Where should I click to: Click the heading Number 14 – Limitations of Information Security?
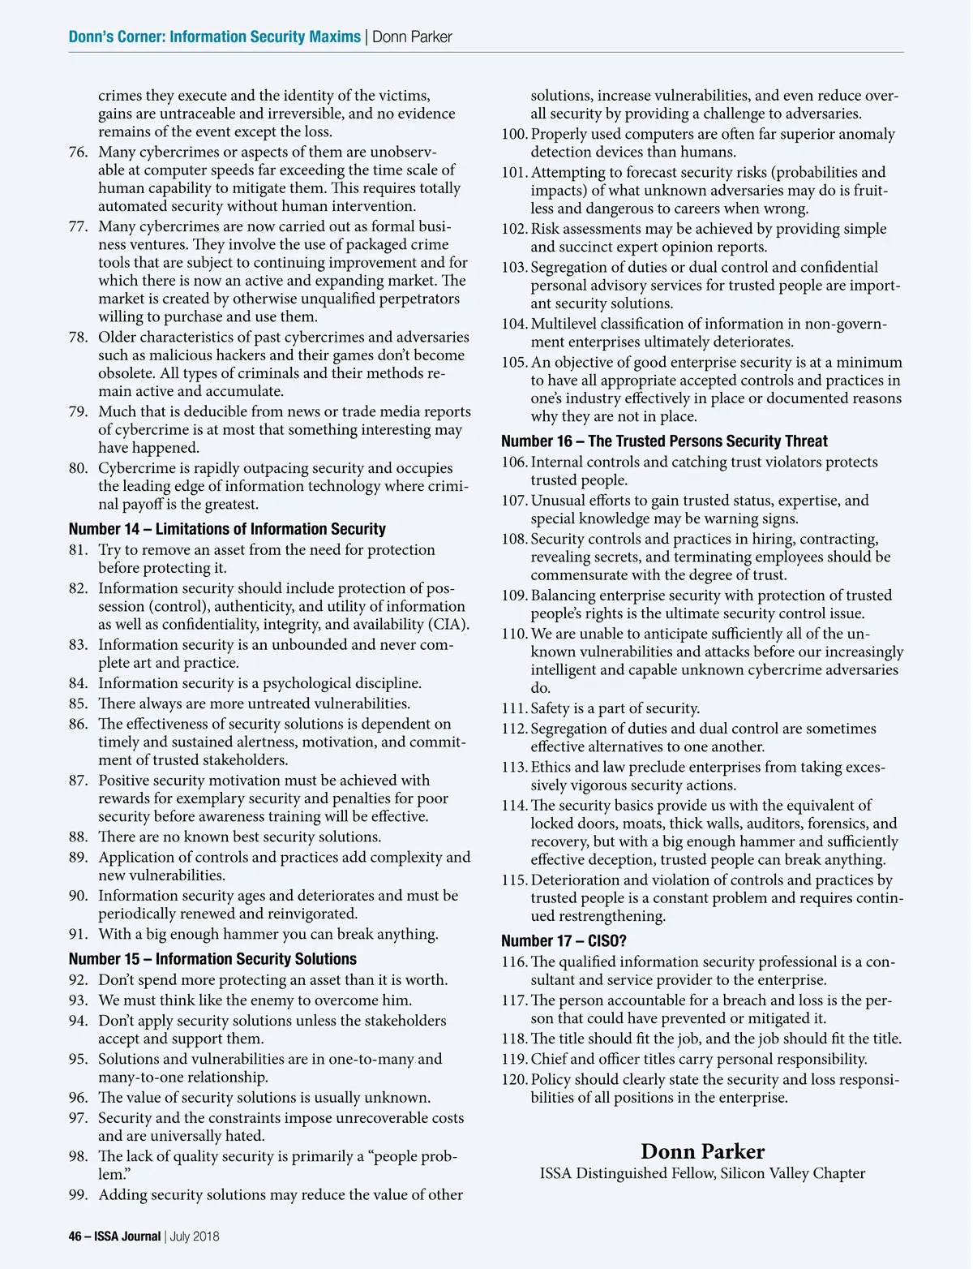227,529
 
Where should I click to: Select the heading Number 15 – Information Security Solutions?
212,959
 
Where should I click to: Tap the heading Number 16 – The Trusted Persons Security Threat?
664,441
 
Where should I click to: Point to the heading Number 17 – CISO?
564,941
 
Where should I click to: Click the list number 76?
78,152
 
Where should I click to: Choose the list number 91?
78,934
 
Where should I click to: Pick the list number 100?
514,134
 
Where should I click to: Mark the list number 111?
514,708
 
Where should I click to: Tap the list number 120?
514,1080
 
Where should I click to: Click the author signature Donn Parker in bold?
702,1151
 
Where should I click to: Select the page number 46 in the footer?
75,1237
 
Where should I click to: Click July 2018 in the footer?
195,1237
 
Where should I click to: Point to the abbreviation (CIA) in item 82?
448,624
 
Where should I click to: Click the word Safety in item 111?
551,708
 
